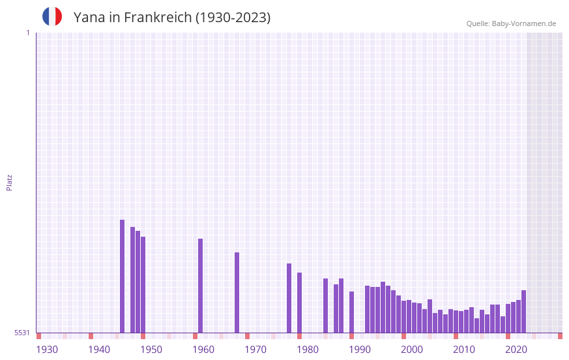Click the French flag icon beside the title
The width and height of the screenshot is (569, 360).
[x=52, y=16]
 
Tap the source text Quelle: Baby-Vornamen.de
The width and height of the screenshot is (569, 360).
[x=511, y=23]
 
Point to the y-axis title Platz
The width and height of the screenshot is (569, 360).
[x=9, y=182]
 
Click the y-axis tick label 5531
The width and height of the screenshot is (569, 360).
[x=22, y=333]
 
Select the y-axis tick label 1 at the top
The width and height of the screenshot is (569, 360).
[x=27, y=33]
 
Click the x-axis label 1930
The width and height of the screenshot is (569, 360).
[x=47, y=350]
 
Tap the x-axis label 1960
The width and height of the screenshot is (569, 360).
[x=203, y=350]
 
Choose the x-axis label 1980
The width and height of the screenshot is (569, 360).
[x=308, y=350]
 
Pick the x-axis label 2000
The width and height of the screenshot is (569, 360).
[x=412, y=350]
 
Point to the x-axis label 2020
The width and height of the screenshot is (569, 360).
[x=516, y=350]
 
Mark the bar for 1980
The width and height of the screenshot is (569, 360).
[x=299, y=303]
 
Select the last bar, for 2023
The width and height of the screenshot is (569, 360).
[x=523, y=311]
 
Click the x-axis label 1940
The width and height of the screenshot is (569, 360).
[x=99, y=350]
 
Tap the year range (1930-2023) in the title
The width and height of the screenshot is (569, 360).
[x=233, y=18]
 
